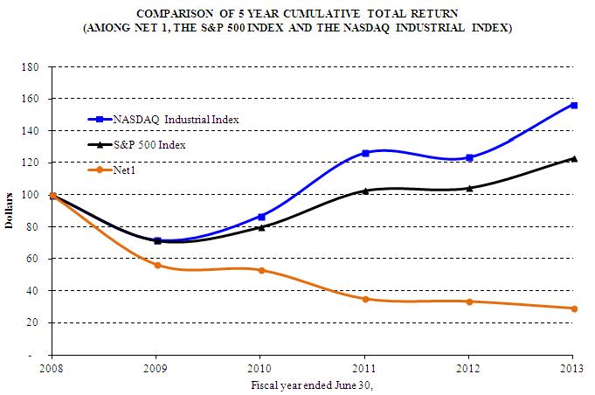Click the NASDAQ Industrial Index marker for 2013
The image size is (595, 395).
(x=574, y=105)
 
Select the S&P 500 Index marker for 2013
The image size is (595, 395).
(x=574, y=158)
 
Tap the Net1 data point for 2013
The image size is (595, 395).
(x=574, y=308)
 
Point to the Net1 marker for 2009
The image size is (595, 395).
(x=157, y=265)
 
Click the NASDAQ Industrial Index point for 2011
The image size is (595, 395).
(x=365, y=153)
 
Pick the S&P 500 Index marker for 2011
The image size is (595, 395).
(x=365, y=191)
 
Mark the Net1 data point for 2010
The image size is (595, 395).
(x=261, y=270)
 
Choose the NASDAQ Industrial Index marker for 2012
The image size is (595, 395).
(x=470, y=158)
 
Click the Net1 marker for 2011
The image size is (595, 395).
(x=365, y=299)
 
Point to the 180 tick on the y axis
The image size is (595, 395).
(x=36, y=66)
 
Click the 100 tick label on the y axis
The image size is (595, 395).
(x=36, y=195)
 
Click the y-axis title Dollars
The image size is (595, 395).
(x=10, y=211)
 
